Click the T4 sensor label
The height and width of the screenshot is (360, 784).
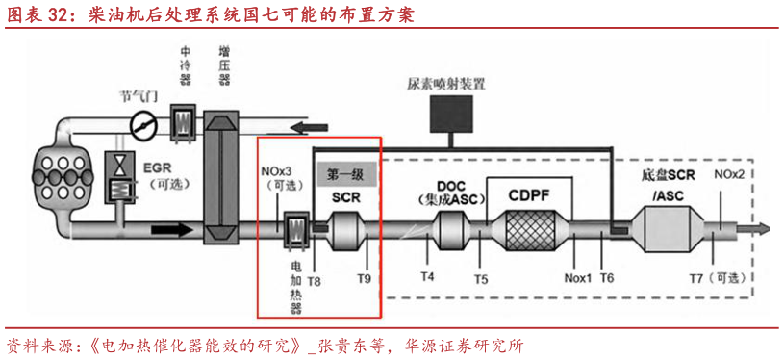click(x=427, y=277)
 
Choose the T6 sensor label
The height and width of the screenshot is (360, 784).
click(x=607, y=278)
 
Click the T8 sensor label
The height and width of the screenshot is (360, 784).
click(x=315, y=280)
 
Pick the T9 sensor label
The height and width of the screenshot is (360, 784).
click(x=364, y=279)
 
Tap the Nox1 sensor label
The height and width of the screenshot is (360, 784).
click(x=577, y=279)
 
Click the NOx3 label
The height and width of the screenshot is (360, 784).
click(x=278, y=175)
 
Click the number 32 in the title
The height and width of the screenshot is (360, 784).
click(x=51, y=15)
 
